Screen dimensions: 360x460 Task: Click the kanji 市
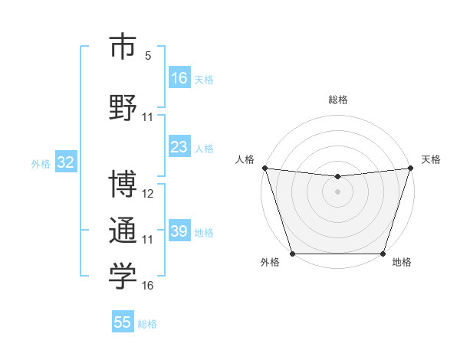pos(123,47)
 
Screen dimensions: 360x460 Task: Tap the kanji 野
pos(123,106)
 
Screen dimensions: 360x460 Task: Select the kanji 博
pos(123,185)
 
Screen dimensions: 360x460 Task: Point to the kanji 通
pos(123,231)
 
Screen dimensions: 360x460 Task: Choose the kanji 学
pos(123,277)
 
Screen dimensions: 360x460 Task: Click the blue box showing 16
pos(179,78)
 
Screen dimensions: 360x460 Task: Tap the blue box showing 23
pos(179,147)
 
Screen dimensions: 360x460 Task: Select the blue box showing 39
pos(179,231)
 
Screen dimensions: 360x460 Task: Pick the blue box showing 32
pos(64,162)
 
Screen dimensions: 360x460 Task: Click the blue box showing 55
pos(123,322)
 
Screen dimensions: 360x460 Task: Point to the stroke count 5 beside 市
pos(148,56)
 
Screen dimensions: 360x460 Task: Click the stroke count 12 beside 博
pos(148,193)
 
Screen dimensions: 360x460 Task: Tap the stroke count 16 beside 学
pos(148,285)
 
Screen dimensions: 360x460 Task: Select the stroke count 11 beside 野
pos(148,116)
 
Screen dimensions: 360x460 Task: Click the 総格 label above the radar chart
pos(337,100)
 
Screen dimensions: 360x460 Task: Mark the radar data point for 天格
pos(411,168)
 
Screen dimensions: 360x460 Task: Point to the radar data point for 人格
pos(264,168)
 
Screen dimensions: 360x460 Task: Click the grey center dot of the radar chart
pos(337,191)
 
